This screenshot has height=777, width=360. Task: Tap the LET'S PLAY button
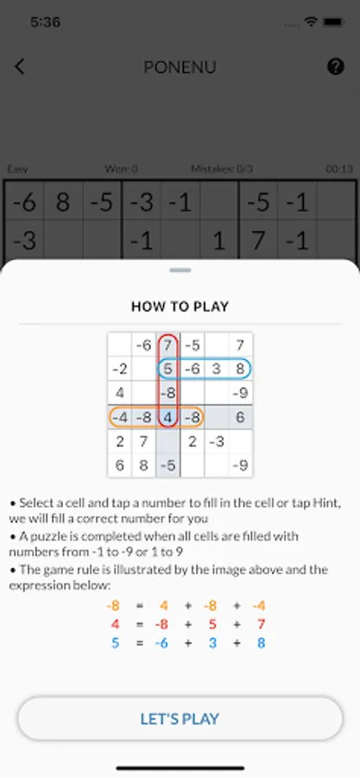(180, 718)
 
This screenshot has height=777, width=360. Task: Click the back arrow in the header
(19, 66)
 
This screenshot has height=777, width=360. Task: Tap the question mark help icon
(336, 66)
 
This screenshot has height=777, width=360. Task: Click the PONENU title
(180, 66)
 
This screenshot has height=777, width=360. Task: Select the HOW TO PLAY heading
(180, 306)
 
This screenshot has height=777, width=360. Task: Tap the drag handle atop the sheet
(180, 270)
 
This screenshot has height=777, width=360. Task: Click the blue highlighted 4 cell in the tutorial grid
(167, 417)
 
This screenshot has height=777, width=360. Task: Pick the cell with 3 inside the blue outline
(217, 370)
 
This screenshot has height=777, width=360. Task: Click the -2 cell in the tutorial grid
(119, 370)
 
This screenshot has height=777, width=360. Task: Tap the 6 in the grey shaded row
(240, 417)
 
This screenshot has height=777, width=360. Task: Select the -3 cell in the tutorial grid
(217, 441)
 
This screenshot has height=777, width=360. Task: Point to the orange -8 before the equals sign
(113, 605)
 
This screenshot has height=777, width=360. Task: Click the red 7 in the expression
(261, 624)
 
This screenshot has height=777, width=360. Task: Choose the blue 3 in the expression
(212, 643)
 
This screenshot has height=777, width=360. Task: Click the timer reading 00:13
(339, 169)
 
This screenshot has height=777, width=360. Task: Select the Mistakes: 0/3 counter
(222, 169)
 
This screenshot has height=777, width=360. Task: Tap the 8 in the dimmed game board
(63, 202)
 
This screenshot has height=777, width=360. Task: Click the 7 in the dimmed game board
(257, 241)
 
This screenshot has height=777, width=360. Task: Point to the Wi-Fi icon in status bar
(311, 22)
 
